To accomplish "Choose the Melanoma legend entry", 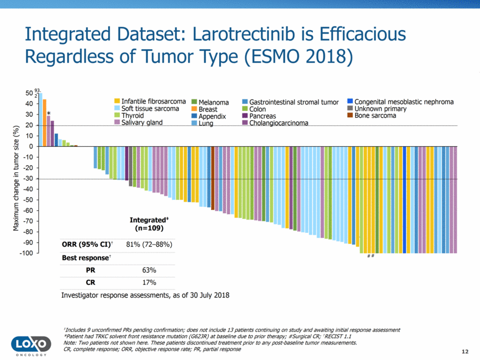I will [x=213, y=102].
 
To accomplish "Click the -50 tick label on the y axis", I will [x=27, y=200].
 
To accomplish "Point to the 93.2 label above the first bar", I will [x=37, y=92].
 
